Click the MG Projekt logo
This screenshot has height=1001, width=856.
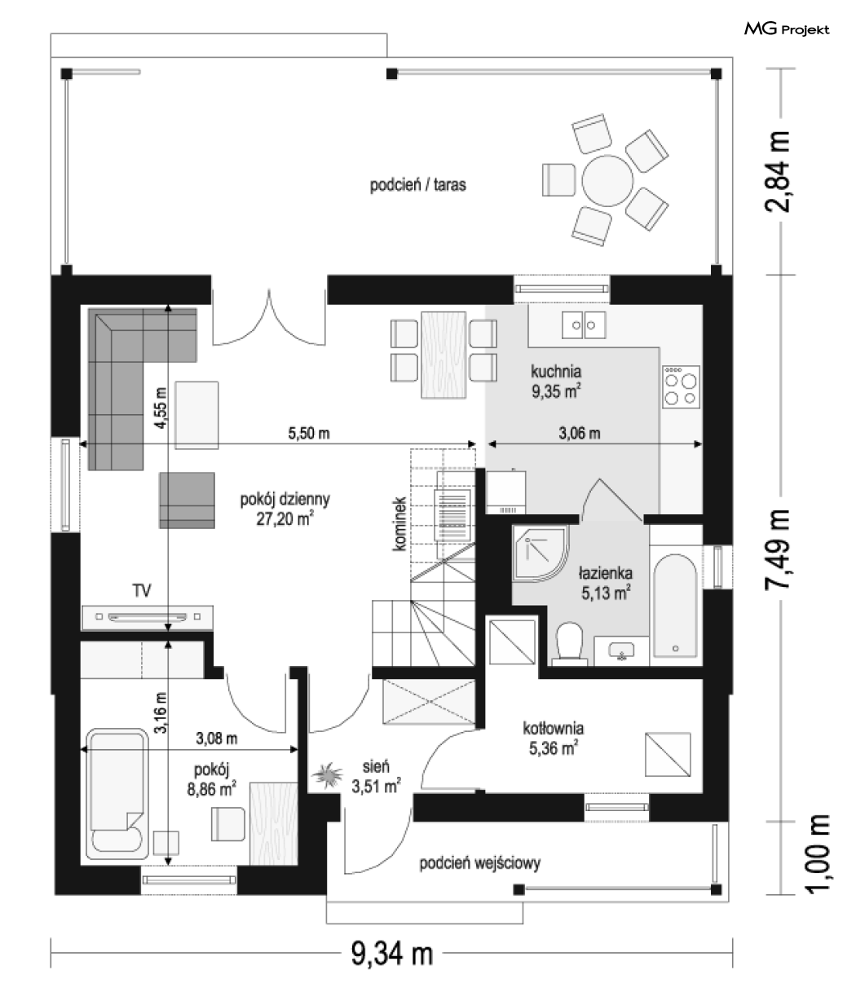pyautogui.click(x=786, y=29)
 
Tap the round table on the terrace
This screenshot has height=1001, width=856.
pyautogui.click(x=607, y=181)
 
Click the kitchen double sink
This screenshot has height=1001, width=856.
pyautogui.click(x=583, y=325)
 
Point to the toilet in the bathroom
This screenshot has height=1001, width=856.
pyautogui.click(x=569, y=642)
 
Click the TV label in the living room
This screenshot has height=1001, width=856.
pyautogui.click(x=142, y=590)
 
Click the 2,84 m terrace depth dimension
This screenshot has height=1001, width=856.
pyautogui.click(x=778, y=171)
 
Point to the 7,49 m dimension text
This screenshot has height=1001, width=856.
pyautogui.click(x=778, y=549)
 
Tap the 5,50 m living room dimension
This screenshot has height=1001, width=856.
pyautogui.click(x=309, y=433)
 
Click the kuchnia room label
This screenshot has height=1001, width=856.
pyautogui.click(x=556, y=372)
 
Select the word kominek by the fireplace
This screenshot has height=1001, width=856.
pyautogui.click(x=399, y=524)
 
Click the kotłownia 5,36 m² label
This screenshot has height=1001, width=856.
pyautogui.click(x=553, y=739)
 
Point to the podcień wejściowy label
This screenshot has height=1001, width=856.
pyautogui.click(x=479, y=862)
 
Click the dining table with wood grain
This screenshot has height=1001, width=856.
pyautogui.click(x=443, y=355)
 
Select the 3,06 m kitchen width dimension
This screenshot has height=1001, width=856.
pyautogui.click(x=580, y=433)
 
